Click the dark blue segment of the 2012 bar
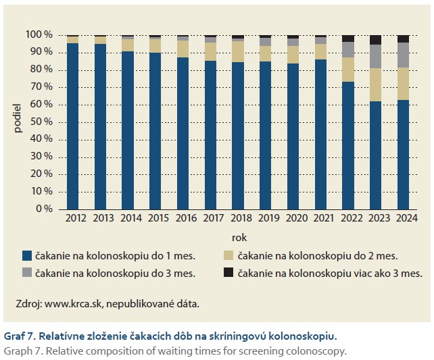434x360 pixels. (72, 126)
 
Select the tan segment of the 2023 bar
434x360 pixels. (376, 85)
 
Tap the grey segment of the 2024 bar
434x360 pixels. (404, 55)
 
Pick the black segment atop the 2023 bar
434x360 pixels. (376, 40)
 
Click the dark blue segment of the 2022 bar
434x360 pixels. (348, 145)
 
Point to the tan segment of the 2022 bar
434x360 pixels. (348, 70)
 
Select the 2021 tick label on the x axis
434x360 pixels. (320, 218)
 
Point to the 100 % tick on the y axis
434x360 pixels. (39, 34)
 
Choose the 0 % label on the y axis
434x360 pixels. (44, 209)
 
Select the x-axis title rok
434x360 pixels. (239, 237)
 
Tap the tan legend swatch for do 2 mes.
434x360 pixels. (228, 255)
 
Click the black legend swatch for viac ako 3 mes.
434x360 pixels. (228, 273)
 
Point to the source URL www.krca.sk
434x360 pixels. (76, 304)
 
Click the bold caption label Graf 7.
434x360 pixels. (20, 335)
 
